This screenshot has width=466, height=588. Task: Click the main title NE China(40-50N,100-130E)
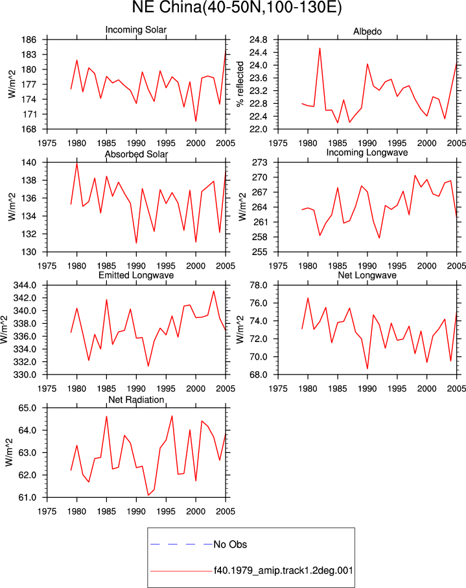(x=237, y=8)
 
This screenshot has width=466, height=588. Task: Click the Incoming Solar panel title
(x=136, y=30)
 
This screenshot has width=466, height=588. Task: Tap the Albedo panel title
(x=367, y=32)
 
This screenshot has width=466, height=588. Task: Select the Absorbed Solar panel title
(x=136, y=154)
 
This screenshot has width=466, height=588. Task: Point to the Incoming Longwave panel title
(x=367, y=153)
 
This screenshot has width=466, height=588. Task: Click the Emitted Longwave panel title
(x=136, y=275)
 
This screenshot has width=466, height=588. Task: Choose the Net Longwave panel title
(x=367, y=275)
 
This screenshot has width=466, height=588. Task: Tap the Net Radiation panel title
(x=136, y=400)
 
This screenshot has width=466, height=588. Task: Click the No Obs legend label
(x=230, y=545)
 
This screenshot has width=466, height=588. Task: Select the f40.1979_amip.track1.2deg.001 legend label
(x=283, y=570)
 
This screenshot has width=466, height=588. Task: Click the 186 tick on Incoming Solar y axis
(x=29, y=40)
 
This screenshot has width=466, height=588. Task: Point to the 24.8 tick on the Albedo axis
(x=259, y=40)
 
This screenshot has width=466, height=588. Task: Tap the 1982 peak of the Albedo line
(x=320, y=48)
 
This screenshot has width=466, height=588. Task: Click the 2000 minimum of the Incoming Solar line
(x=196, y=121)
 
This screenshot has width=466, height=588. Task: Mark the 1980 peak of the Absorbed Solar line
(x=76, y=163)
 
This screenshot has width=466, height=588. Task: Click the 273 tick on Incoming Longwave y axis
(x=260, y=162)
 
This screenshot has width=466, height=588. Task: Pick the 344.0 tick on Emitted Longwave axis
(x=25, y=286)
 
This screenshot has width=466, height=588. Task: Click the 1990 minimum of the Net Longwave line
(x=367, y=369)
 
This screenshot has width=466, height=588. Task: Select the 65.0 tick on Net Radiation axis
(x=27, y=408)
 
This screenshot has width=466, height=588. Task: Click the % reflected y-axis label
(x=240, y=84)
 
